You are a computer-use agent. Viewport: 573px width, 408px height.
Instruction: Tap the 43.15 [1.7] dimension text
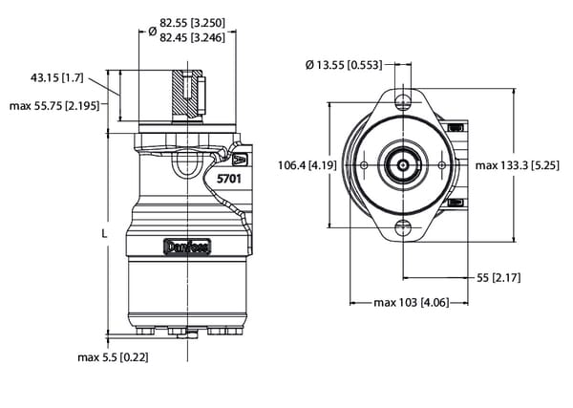click(x=58, y=75)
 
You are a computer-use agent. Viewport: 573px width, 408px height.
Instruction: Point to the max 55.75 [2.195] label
click(x=55, y=105)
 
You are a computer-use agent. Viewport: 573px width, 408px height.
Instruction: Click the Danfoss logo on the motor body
click(x=188, y=247)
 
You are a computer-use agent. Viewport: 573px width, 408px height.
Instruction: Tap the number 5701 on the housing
click(x=230, y=179)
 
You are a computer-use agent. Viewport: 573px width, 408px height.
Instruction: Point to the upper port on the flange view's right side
click(x=456, y=127)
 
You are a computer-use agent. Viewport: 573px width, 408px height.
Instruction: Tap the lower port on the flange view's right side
click(x=456, y=202)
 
